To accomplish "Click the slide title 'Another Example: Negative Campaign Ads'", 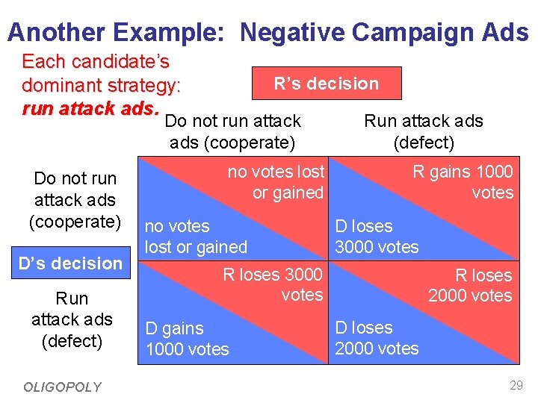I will click(268, 32).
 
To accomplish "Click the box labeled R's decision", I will click(327, 84).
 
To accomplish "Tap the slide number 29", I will click(516, 386).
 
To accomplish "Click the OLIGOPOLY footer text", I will click(62, 387).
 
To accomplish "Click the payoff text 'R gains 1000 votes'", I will click(463, 182).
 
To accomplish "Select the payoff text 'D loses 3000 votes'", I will click(377, 237).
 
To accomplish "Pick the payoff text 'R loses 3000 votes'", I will click(273, 284).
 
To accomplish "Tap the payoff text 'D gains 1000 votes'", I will click(187, 339).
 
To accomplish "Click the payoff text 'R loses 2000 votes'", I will click(470, 285).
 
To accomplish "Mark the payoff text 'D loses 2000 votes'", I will click(377, 338).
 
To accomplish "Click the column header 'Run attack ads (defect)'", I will click(423, 131).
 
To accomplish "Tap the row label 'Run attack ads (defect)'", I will click(72, 319).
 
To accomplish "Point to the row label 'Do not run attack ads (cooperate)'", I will click(75, 200).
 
